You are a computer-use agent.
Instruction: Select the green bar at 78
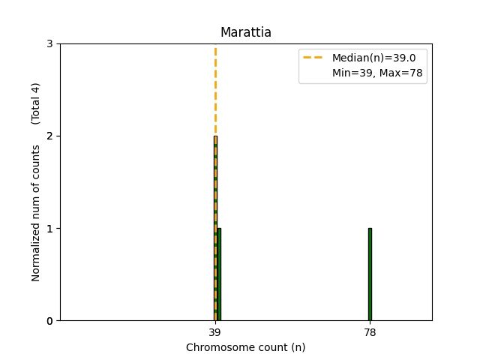pyautogui.click(x=370, y=274)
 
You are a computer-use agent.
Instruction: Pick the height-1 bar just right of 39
pyautogui.click(x=219, y=274)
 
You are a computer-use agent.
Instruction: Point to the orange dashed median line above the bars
pyautogui.click(x=215, y=90)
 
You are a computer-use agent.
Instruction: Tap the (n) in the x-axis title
pyautogui.click(x=298, y=347)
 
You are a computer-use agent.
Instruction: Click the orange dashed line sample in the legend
pyautogui.click(x=313, y=58)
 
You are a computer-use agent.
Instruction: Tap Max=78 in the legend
pyautogui.click(x=397, y=73)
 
